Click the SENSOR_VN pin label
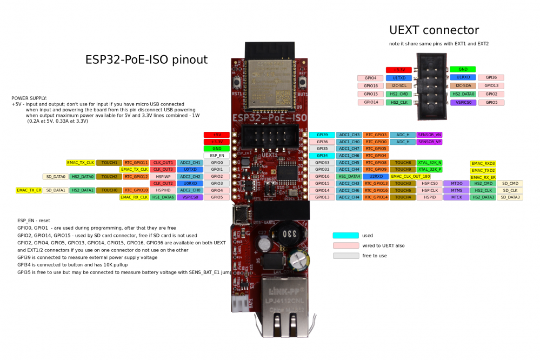point(430,135)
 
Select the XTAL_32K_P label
point(430,169)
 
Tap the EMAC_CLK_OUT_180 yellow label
point(410,176)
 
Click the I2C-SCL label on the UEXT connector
point(399,86)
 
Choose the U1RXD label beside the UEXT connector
point(463,77)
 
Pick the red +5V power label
point(217,135)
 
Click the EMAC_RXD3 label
point(483,163)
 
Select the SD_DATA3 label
point(510,197)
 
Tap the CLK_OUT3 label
point(163,169)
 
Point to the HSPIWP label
point(163,176)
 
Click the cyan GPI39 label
point(322,135)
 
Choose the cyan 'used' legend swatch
point(346,235)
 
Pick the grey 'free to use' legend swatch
point(346,256)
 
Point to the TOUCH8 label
point(403,162)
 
